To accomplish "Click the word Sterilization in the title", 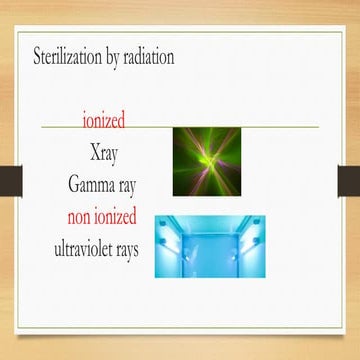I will tap(71, 56).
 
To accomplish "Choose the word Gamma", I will tap(94, 184).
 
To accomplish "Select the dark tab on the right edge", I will tap(348, 177).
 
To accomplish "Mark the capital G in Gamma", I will tap(75, 184).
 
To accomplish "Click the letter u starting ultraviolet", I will tap(59, 247).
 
